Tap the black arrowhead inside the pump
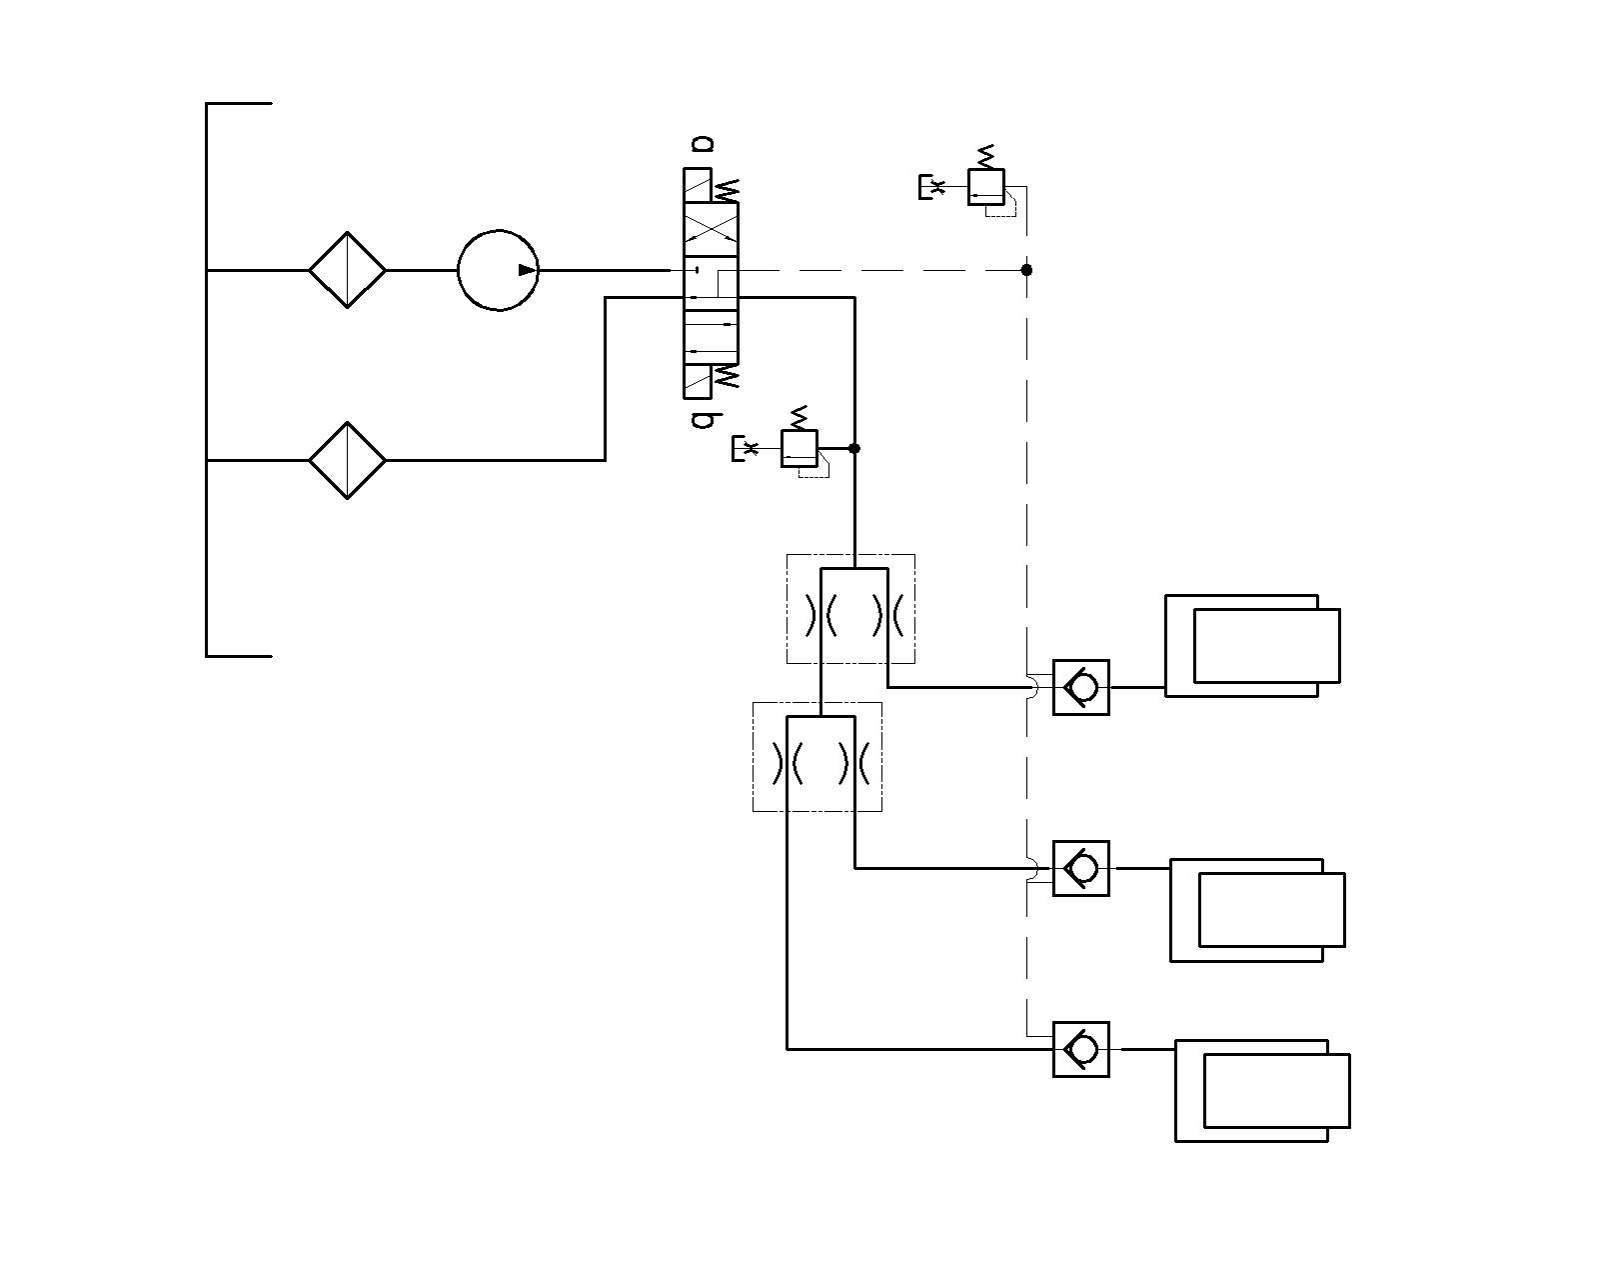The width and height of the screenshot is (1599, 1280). click(527, 270)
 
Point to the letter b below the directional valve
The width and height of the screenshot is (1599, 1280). click(703, 420)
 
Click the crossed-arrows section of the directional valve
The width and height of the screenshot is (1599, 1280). click(711, 230)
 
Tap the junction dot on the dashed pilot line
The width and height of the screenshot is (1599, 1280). click(1027, 270)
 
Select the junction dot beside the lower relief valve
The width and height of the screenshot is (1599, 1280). click(854, 448)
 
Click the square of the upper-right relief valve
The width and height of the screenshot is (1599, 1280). click(986, 187)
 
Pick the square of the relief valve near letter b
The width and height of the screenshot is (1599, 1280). click(799, 448)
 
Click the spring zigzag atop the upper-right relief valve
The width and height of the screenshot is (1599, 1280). click(986, 156)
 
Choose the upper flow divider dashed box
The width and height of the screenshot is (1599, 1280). click(850, 608)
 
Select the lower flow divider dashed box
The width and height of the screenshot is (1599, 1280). click(817, 756)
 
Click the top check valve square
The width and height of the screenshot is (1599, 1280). click(1081, 687)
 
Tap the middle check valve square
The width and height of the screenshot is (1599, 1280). click(1081, 869)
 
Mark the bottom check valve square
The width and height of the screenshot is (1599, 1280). click(1081, 1049)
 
